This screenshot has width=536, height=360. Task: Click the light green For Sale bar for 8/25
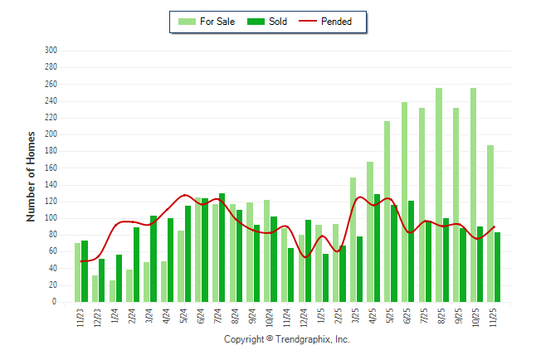click(439, 195)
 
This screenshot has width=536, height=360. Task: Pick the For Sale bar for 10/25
click(473, 195)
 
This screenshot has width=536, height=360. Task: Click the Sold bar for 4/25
click(377, 248)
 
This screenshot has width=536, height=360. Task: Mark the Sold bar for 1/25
click(325, 278)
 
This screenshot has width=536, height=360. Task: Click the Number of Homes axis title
click(32, 176)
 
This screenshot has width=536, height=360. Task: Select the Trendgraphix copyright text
click(287, 340)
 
